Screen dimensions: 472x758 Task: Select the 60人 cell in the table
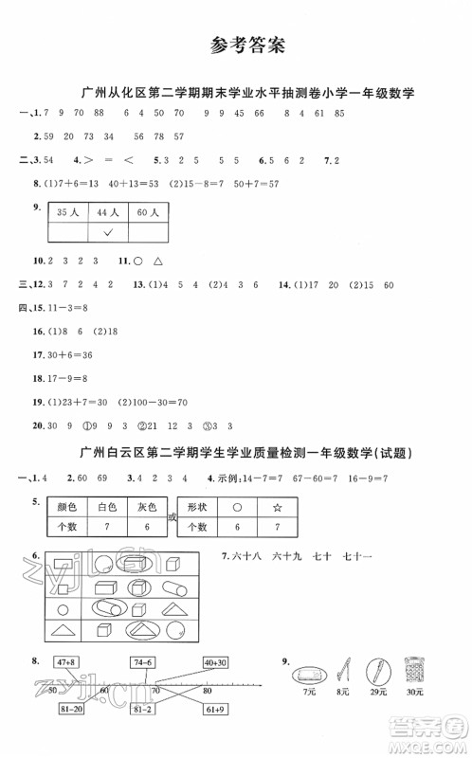(146, 213)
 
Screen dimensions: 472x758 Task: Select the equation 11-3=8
(66, 308)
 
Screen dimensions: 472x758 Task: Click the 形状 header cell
(199, 506)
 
